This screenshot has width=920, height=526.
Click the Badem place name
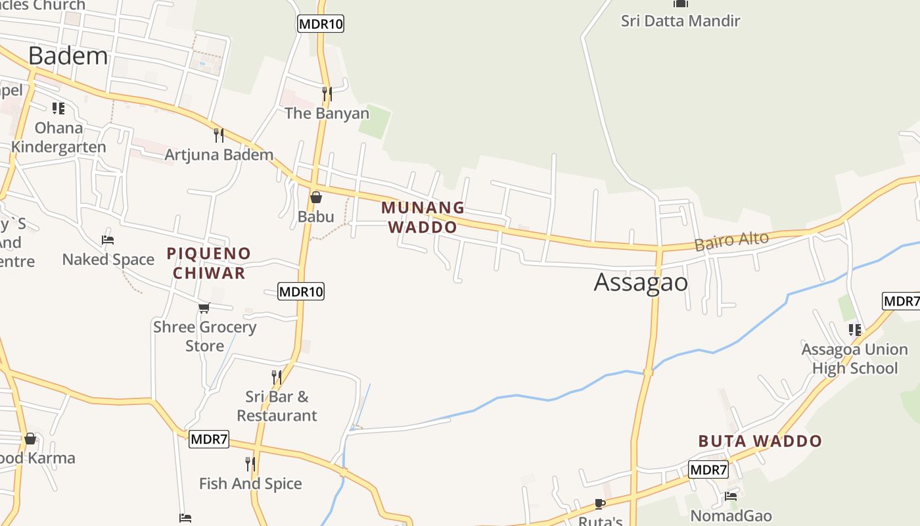(68, 56)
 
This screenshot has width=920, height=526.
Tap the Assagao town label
(641, 282)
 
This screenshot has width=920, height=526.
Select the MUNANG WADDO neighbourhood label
(423, 217)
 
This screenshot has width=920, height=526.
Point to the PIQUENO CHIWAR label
(208, 263)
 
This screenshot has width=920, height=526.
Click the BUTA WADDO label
(760, 441)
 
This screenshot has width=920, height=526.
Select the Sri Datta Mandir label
(680, 21)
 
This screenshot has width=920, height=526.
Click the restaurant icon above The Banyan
(327, 94)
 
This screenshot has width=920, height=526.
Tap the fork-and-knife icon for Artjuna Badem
(219, 135)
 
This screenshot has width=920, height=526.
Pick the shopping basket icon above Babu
(316, 197)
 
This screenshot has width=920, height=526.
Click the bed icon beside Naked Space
(108, 240)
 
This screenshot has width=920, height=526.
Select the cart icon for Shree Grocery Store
(204, 308)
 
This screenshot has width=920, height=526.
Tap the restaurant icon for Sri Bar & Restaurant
(277, 377)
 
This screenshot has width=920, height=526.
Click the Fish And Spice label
(250, 484)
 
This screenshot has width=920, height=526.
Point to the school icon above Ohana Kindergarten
(58, 108)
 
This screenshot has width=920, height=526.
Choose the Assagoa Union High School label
(854, 359)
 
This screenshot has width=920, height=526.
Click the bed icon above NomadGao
(731, 496)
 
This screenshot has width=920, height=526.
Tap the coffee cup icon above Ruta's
(599, 504)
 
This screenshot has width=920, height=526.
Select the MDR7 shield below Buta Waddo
(708, 470)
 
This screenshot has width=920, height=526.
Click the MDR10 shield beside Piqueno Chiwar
(301, 291)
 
